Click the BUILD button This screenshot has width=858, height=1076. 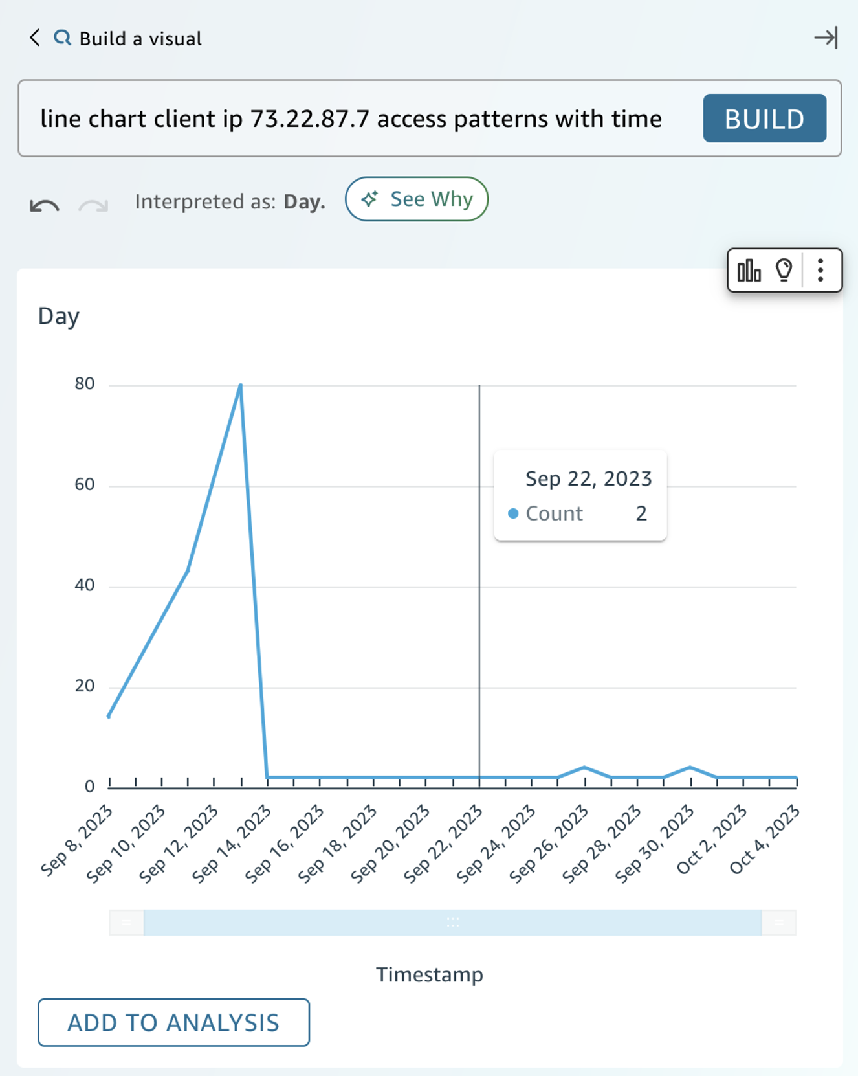764,118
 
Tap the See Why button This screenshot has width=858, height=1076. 417,199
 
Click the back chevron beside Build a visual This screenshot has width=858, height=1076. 35,38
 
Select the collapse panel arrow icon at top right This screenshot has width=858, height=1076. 826,38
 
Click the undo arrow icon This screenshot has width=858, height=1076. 44,206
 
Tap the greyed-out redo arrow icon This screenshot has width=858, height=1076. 93,206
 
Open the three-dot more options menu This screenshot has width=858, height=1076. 820,270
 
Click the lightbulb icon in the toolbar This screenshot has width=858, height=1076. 784,270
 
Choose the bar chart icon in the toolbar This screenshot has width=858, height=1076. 749,270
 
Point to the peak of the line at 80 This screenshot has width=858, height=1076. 241,386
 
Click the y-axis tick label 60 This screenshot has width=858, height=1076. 85,485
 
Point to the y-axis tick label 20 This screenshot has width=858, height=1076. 85,686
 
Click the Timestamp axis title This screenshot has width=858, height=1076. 430,974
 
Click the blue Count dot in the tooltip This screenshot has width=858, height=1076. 513,513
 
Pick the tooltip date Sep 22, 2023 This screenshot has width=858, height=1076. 588,478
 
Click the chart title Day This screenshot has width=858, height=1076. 59,316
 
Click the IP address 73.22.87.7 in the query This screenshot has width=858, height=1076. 309,119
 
